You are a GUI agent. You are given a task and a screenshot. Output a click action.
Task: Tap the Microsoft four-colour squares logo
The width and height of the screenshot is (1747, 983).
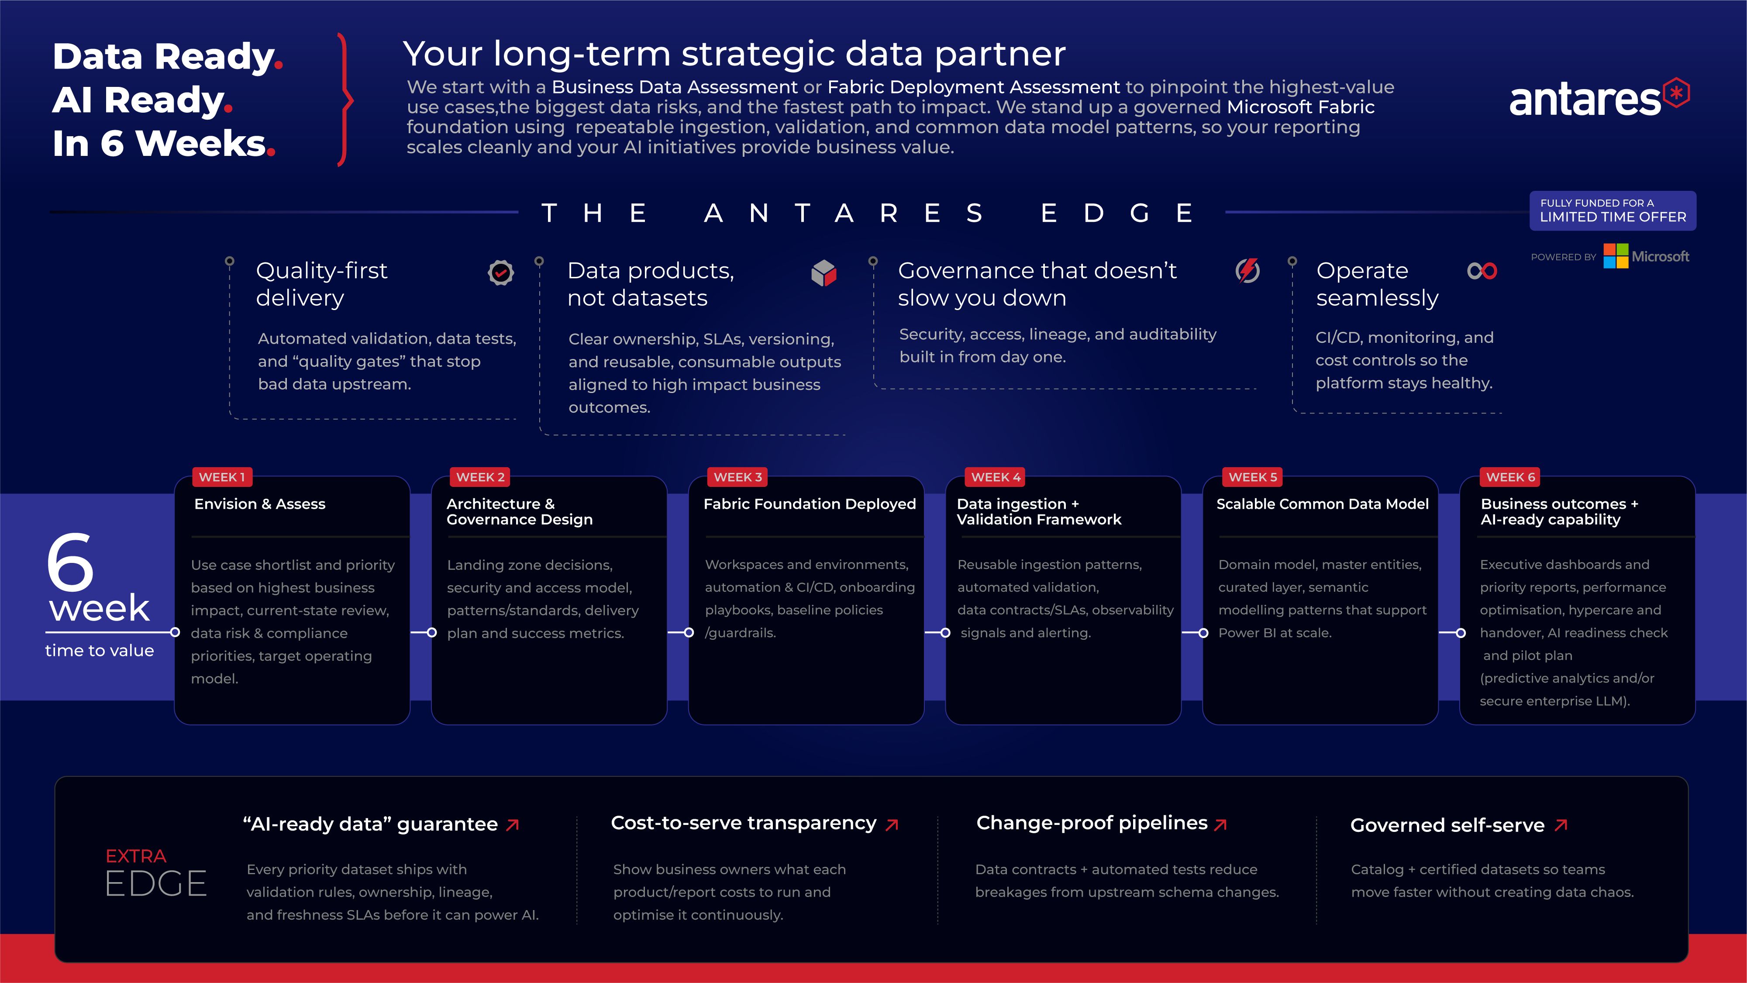[x=1616, y=256]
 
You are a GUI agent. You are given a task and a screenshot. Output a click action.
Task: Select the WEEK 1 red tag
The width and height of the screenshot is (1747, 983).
[x=222, y=477]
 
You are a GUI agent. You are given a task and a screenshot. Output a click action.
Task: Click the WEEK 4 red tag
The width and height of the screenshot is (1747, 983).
[x=995, y=477]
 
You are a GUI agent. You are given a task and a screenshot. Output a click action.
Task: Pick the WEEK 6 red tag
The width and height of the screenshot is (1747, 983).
[x=1510, y=477]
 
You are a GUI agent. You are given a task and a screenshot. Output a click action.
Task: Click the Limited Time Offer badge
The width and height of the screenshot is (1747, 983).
[x=1613, y=210]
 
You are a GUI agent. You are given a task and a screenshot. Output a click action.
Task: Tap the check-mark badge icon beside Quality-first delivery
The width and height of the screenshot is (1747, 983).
[x=500, y=273]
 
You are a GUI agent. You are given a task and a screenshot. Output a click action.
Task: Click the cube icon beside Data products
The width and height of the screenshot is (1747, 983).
[x=824, y=273]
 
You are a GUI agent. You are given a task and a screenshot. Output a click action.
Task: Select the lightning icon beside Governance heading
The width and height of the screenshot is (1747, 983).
[x=1247, y=271]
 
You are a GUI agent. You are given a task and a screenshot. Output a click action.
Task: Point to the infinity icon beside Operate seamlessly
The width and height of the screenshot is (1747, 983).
[x=1482, y=271]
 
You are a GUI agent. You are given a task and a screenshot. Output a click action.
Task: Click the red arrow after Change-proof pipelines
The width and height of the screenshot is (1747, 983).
[x=1221, y=824]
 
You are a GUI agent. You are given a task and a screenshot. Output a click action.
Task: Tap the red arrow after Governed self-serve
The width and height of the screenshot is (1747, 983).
[x=1561, y=825]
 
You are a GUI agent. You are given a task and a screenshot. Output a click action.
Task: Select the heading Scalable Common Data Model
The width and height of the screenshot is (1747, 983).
[x=1323, y=504]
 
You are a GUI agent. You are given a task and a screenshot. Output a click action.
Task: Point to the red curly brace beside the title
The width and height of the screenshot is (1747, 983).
[x=346, y=100]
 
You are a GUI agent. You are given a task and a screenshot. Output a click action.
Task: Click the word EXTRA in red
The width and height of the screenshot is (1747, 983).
[x=136, y=856]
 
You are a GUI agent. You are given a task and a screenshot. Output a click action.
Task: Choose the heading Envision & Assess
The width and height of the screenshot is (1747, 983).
[x=260, y=504]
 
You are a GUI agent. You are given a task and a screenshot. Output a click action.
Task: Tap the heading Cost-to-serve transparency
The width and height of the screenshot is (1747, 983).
[x=743, y=823]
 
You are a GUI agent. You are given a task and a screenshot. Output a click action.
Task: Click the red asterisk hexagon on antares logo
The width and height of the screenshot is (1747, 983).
[x=1676, y=93]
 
